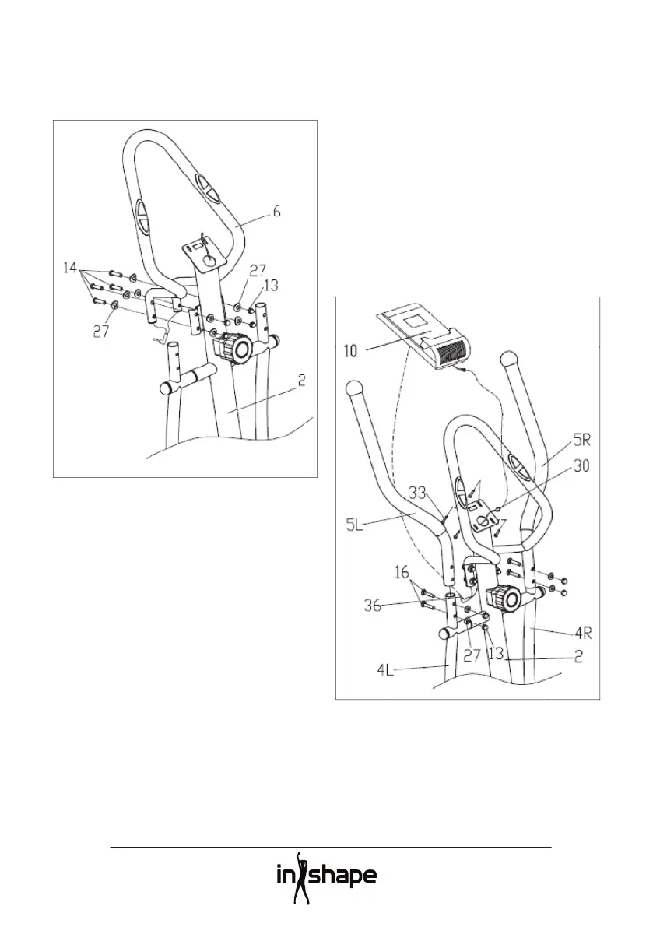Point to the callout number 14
[72, 267]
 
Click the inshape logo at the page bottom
[326, 877]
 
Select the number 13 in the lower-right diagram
[495, 655]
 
